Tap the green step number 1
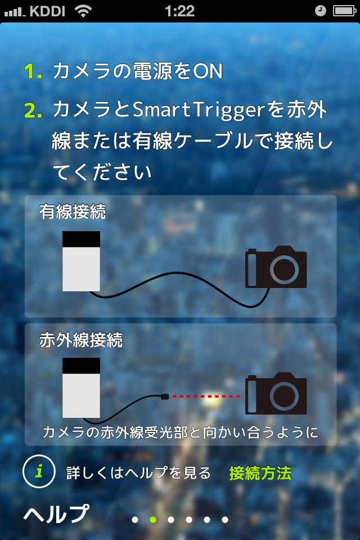pos(33,72)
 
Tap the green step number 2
pos(33,110)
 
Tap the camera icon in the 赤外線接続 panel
pos(276,395)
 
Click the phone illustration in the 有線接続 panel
pos(81,261)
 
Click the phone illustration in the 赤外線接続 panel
pos(81,388)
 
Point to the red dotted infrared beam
pos(206,397)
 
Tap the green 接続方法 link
pos(260,473)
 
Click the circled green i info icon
pos(39,472)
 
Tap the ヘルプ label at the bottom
pos(56,514)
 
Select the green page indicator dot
pos(152,520)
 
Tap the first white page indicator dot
pos(134,520)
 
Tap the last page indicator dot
pos(224,520)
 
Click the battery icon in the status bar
pos(344,11)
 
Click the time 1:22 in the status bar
pos(180,11)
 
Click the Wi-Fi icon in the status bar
pos(83,11)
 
